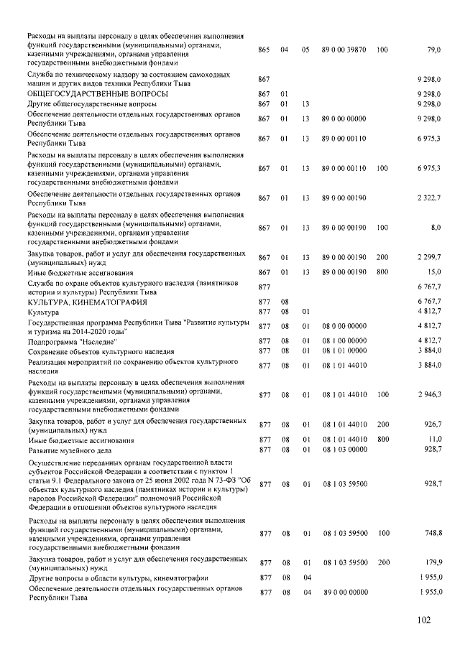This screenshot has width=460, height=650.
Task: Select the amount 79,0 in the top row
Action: point(433,50)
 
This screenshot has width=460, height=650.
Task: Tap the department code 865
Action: point(263,50)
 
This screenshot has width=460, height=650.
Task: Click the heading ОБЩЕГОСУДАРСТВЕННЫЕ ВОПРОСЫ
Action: point(98,94)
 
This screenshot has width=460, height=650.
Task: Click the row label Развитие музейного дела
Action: point(74,450)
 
